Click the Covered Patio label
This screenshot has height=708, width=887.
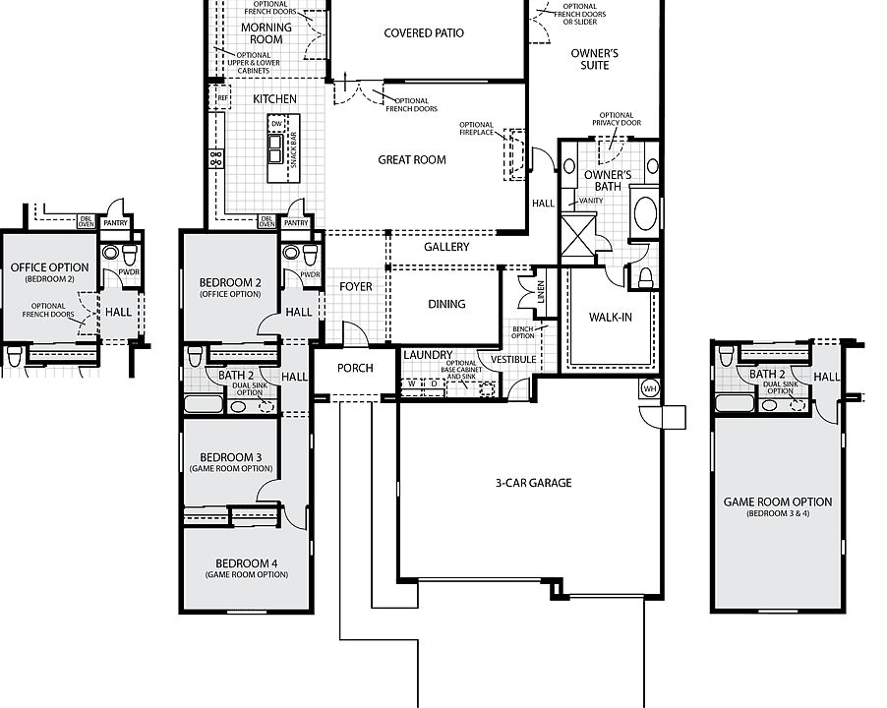pyautogui.click(x=424, y=33)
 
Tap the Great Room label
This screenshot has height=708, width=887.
pyautogui.click(x=412, y=160)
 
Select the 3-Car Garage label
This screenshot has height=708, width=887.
pyautogui.click(x=533, y=483)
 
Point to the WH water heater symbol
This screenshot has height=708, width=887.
pyautogui.click(x=650, y=388)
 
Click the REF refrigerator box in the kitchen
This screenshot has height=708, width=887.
pyautogui.click(x=223, y=97)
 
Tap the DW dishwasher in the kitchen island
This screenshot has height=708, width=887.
pyautogui.click(x=276, y=124)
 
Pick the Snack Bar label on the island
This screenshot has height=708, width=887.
pyautogui.click(x=293, y=149)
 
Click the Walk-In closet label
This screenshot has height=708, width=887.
pyautogui.click(x=611, y=318)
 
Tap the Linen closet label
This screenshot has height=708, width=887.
pyautogui.click(x=540, y=292)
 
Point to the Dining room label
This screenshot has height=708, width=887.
pyautogui.click(x=446, y=304)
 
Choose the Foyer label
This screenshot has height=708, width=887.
pyautogui.click(x=356, y=287)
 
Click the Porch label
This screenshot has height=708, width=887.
pyautogui.click(x=355, y=368)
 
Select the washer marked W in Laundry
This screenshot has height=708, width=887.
pyautogui.click(x=412, y=383)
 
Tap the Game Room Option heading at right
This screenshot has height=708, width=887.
pyautogui.click(x=778, y=502)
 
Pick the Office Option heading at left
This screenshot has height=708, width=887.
pyautogui.click(x=50, y=267)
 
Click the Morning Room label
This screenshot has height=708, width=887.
pyautogui.click(x=266, y=33)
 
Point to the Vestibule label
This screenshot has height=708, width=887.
pyautogui.click(x=513, y=360)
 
